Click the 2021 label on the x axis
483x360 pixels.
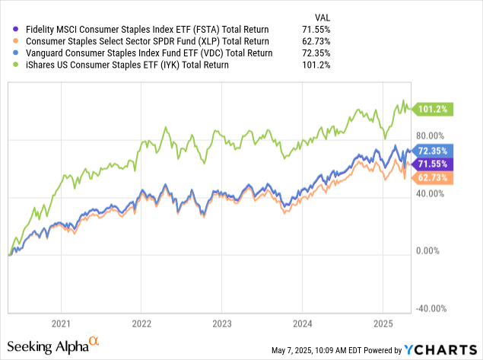pyautogui.click(x=62, y=322)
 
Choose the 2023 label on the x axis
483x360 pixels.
pyautogui.click(x=221, y=322)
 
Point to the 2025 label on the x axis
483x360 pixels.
pyautogui.click(x=382, y=322)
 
